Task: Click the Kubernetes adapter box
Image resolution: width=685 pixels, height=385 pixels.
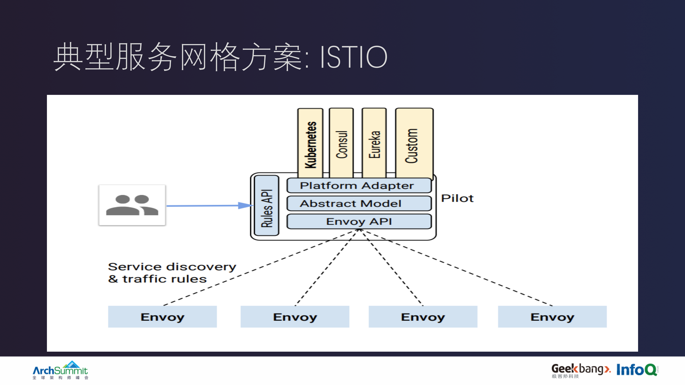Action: click(310, 144)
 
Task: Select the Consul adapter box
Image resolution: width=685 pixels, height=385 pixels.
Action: click(342, 144)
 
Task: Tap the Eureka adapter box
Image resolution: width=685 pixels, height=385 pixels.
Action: click(374, 144)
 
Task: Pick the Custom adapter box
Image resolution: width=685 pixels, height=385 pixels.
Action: click(414, 144)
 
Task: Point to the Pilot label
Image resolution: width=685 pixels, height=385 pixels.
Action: click(457, 198)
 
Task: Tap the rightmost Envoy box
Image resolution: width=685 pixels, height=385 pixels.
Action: click(552, 317)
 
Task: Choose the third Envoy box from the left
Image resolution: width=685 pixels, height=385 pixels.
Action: click(423, 317)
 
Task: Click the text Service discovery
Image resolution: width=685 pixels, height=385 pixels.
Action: click(172, 267)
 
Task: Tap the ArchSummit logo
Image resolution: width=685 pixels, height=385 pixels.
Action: click(60, 370)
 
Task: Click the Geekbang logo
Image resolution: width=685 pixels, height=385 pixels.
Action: click(580, 370)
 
